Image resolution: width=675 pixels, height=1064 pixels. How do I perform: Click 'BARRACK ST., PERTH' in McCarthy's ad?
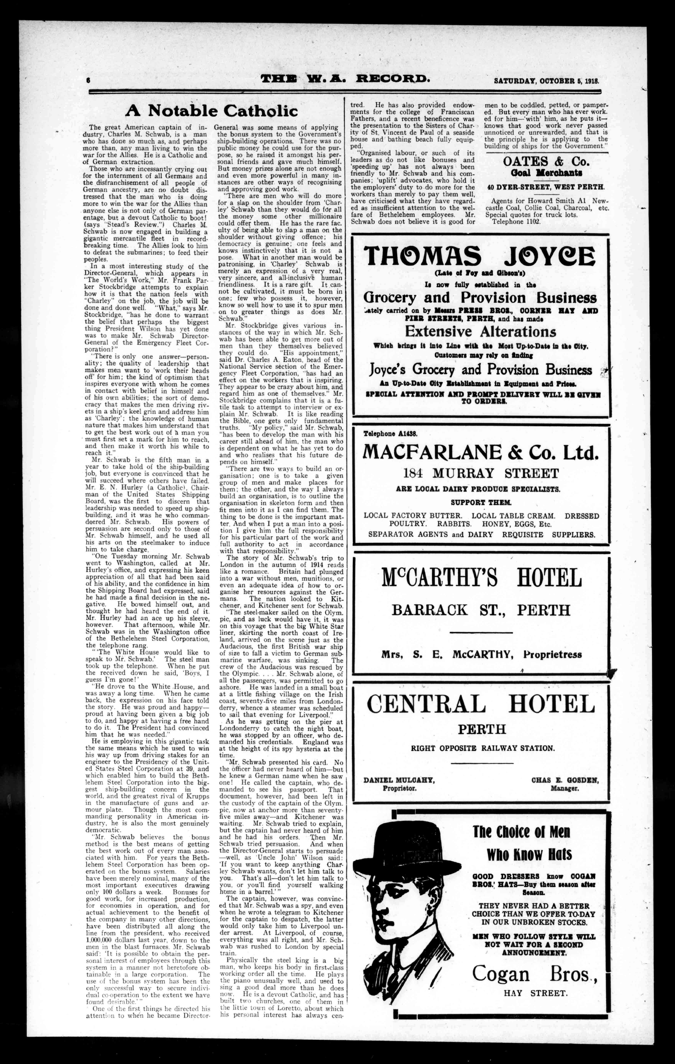(x=481, y=610)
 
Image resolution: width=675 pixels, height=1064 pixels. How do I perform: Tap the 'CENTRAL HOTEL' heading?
(x=481, y=704)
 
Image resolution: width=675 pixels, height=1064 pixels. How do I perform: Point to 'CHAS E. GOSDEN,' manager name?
(x=564, y=780)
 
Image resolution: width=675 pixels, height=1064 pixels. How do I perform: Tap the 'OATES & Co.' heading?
(x=546, y=161)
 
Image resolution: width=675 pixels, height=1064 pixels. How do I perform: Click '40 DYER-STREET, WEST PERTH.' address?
(x=546, y=187)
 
